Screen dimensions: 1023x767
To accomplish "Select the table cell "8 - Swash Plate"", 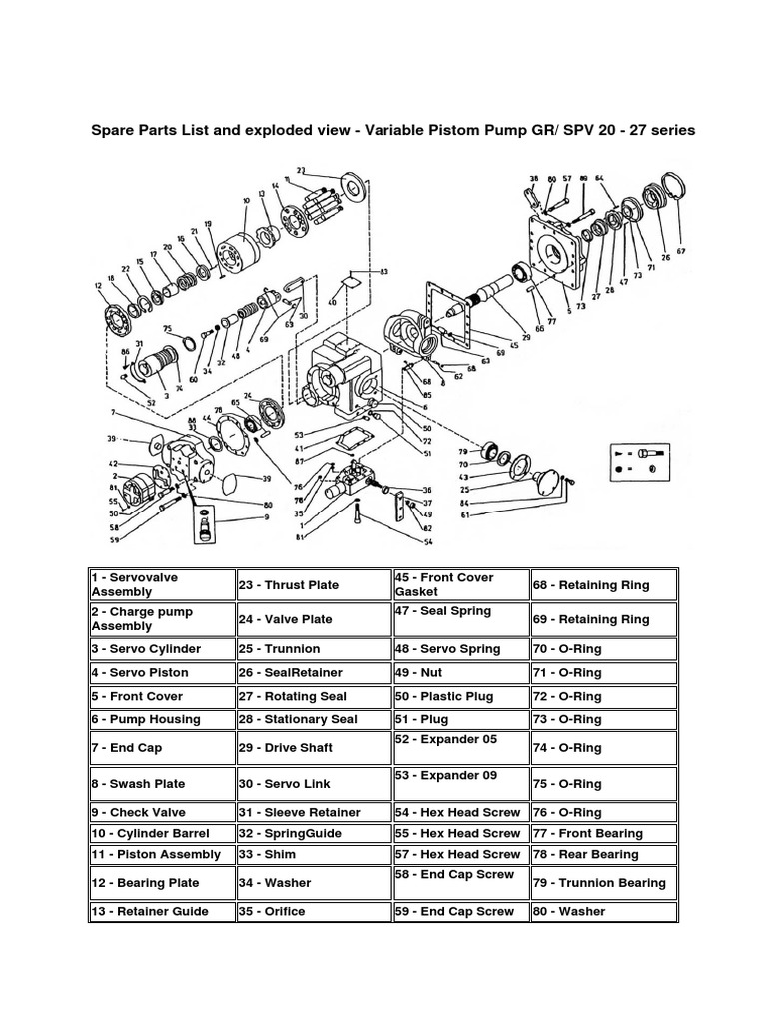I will (161, 784).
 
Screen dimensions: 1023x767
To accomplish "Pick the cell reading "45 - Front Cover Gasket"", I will (459, 584).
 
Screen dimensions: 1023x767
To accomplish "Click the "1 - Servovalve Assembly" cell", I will (161, 584).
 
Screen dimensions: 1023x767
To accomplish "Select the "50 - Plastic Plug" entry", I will (459, 696).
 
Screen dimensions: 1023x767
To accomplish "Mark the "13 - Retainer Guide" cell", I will (161, 911).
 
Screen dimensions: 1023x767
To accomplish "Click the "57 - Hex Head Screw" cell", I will (459, 854).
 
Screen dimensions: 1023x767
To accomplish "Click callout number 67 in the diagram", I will (681, 251).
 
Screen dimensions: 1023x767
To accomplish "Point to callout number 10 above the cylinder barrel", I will (245, 201).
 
